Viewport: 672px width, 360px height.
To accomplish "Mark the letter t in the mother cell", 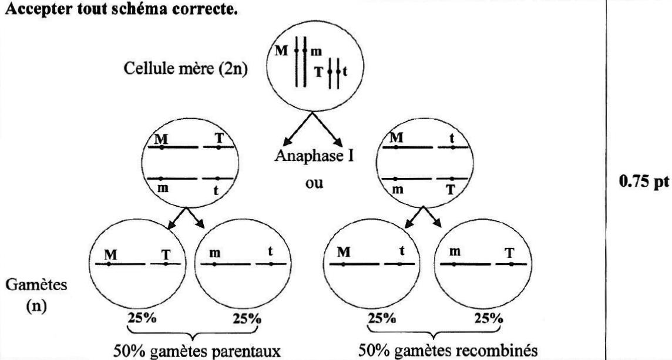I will [x=345, y=73].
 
